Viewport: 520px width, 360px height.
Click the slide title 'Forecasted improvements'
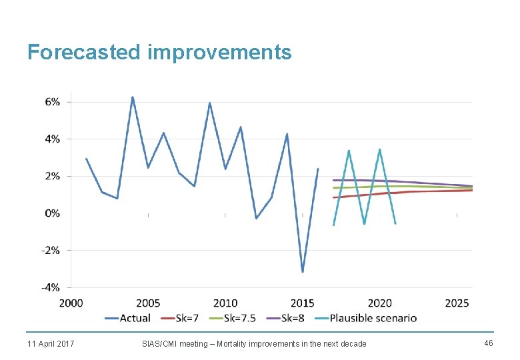[159, 52]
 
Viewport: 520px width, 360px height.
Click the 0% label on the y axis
[53, 213]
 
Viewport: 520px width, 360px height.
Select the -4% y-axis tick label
[51, 287]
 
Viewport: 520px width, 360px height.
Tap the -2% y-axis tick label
[51, 251]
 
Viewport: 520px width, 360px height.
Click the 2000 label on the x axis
[71, 303]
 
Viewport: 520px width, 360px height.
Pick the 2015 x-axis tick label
[303, 303]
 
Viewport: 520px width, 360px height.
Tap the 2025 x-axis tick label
[457, 303]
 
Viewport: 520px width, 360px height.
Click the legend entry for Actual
[127, 318]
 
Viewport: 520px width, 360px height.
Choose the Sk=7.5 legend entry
[232, 318]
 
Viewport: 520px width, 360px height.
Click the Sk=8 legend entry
[285, 318]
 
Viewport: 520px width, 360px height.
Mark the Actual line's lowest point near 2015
[303, 271]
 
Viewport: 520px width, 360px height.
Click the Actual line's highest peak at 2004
[132, 97]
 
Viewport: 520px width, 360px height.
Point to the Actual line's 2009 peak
[209, 103]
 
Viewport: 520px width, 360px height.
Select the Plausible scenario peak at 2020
[380, 149]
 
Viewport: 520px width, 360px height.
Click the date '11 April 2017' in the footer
[51, 343]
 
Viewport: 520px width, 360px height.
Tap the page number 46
[488, 343]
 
